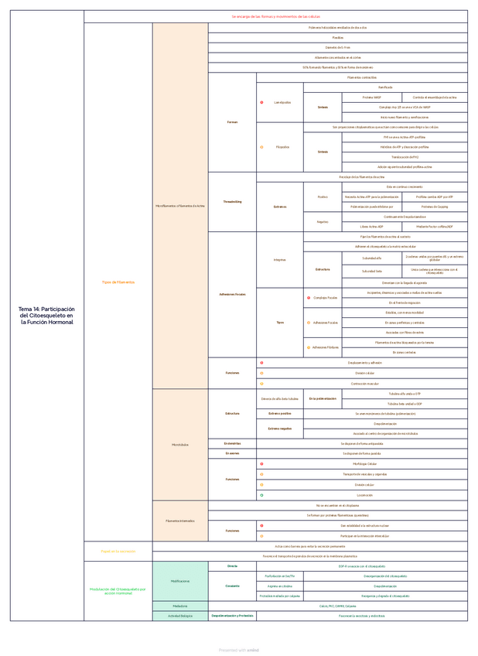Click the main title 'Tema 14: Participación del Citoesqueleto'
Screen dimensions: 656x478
tap(46, 315)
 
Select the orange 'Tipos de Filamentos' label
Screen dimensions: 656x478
tap(118, 282)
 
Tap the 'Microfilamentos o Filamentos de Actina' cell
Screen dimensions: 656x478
tap(180, 206)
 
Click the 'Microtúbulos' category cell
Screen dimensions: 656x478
tap(180, 444)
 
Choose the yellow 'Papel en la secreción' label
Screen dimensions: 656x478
tap(118, 551)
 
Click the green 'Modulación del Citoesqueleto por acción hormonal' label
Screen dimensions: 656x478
tap(118, 590)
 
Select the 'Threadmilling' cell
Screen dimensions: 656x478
tap(232, 201)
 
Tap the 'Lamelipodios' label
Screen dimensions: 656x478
tap(282, 103)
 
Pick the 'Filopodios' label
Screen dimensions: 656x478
tap(282, 147)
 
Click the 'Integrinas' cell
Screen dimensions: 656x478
tap(279, 260)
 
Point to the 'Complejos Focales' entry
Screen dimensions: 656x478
tap(326, 297)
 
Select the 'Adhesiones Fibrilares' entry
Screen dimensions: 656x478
tap(326, 347)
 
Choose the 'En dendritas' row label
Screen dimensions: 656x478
tap(232, 443)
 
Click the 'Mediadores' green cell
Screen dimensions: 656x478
tap(180, 606)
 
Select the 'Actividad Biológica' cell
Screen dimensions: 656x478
tap(180, 616)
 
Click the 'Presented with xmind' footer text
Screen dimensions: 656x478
tap(238, 650)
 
